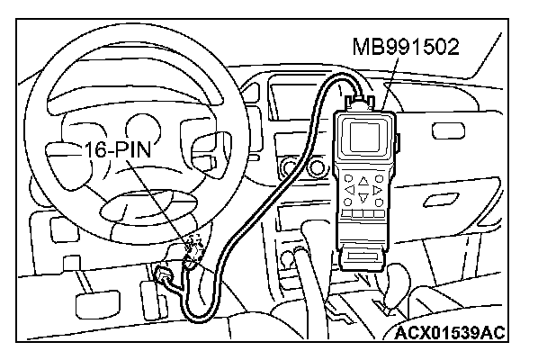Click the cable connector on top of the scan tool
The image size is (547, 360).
[363, 97]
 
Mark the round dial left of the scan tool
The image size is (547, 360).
[289, 166]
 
